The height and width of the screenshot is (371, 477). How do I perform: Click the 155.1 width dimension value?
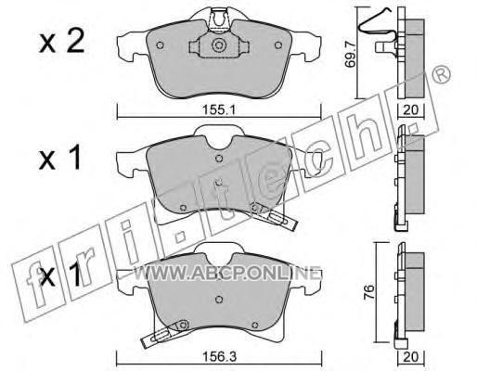coord(219,109)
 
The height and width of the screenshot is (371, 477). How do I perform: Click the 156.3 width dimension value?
coord(219,357)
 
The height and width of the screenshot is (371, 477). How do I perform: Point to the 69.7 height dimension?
coord(351,56)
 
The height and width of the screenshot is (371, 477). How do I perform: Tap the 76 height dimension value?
coord(368,291)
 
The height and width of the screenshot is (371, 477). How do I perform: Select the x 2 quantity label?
coord(61,42)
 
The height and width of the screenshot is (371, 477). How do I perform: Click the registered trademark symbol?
coord(441,74)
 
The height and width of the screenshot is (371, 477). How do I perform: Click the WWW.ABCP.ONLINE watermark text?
coord(226,274)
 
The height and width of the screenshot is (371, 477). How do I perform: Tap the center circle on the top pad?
coord(219,45)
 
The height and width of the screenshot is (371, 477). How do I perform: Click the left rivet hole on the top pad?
coord(160,45)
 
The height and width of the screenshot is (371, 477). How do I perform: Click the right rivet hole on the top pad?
coord(278,45)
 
